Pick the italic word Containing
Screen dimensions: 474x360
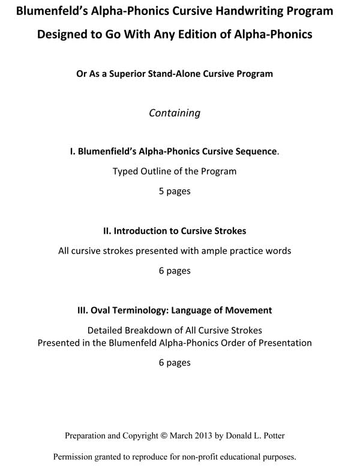click(175, 113)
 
